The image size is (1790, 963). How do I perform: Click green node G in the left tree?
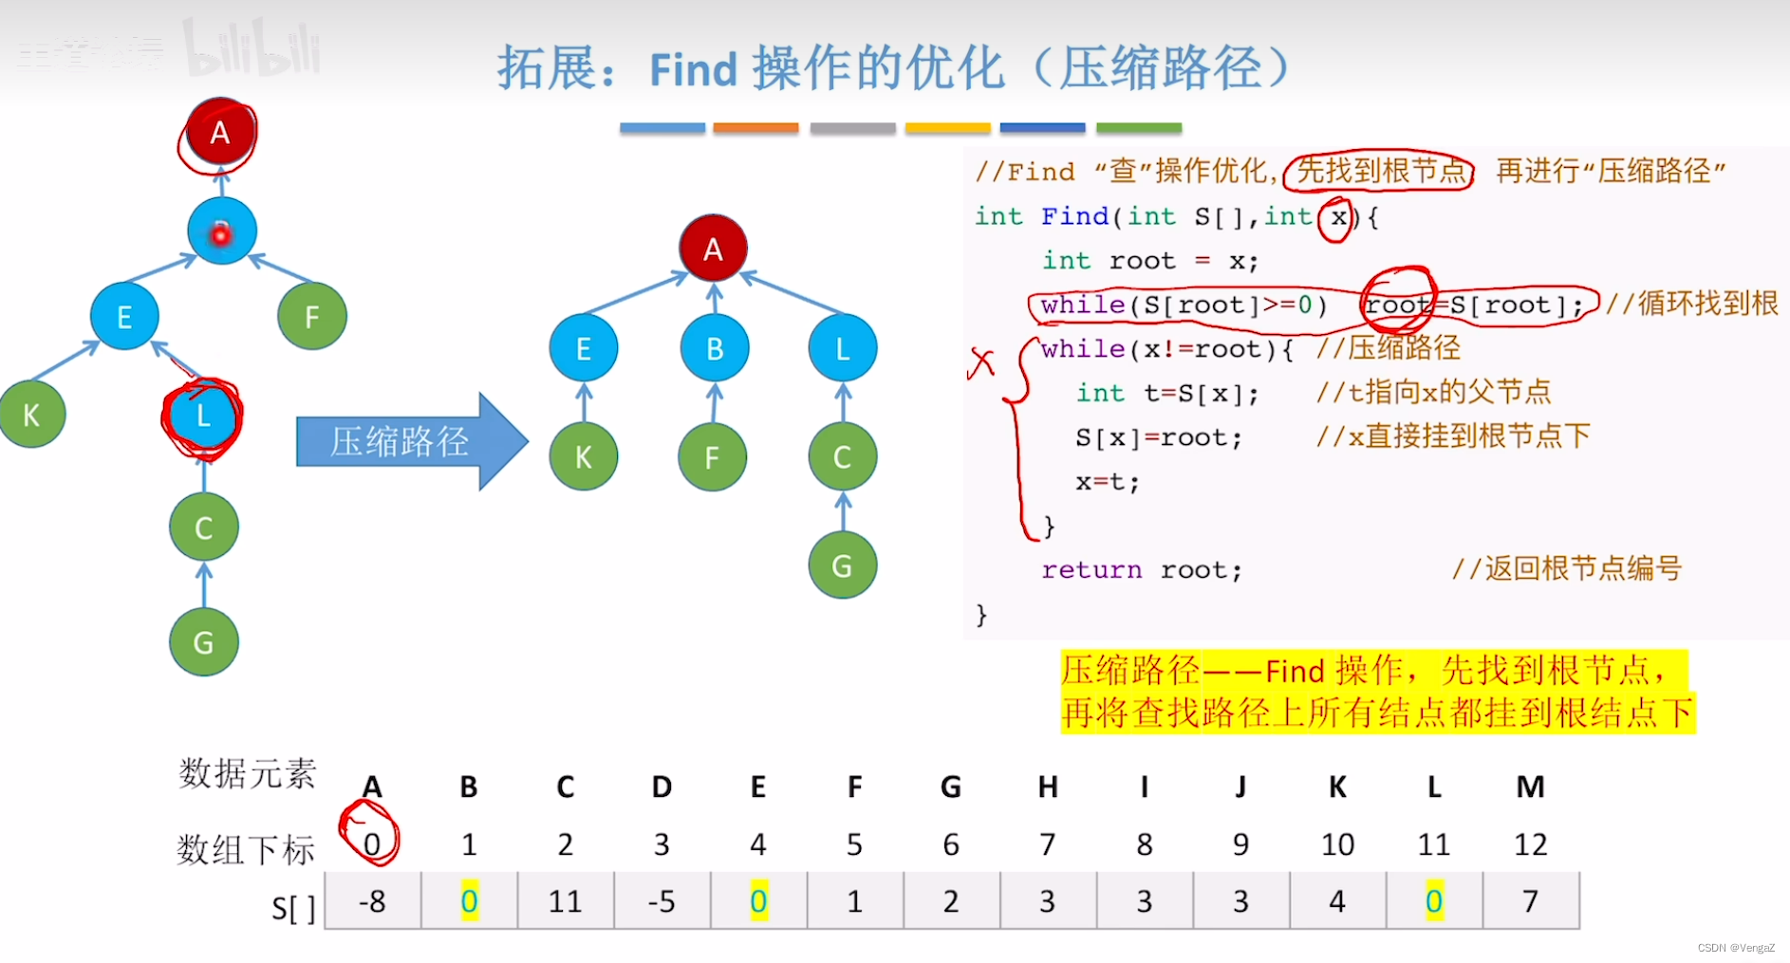[203, 642]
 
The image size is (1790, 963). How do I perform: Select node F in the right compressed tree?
[712, 458]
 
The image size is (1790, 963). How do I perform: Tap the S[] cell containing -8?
[372, 900]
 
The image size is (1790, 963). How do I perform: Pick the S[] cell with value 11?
[565, 900]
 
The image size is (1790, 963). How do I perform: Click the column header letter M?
[1530, 787]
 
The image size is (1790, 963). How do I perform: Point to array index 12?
[1530, 843]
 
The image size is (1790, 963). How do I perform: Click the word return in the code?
[1091, 569]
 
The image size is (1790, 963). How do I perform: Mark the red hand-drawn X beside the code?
[981, 362]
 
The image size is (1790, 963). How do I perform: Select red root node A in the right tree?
[713, 249]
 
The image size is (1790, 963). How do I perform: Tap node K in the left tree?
[31, 415]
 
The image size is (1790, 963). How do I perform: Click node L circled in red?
[202, 416]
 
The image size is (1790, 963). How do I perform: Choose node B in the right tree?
[714, 349]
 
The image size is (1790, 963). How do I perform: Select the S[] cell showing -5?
[662, 900]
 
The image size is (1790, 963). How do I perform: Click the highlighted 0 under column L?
[1433, 900]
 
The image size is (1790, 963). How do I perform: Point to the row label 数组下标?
[245, 849]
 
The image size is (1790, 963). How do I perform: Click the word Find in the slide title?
[693, 69]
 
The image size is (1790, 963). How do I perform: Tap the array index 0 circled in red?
[371, 843]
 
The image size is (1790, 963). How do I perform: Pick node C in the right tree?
[842, 458]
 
